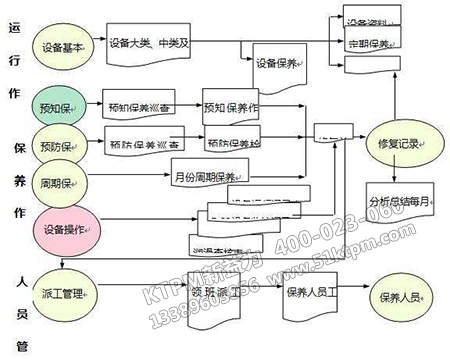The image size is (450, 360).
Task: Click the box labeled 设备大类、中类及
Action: pos(146,43)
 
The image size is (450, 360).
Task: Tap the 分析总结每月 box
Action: pos(399,199)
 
